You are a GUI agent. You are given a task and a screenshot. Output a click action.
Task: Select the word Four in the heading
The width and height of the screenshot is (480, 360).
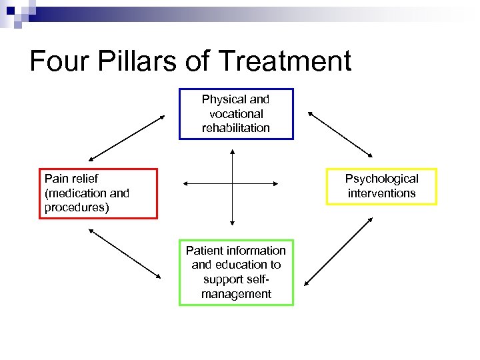[58, 61]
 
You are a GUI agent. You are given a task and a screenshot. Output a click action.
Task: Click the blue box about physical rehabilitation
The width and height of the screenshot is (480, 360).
[236, 113]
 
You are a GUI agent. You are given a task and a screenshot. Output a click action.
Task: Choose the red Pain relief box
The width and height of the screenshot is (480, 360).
[98, 193]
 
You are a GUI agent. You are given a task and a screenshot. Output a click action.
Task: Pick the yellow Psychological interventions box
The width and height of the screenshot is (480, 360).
[381, 186]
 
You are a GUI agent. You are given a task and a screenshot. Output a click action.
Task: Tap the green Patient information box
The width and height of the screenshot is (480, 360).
[236, 272]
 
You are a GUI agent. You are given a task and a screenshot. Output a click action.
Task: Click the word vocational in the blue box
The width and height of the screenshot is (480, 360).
[236, 113]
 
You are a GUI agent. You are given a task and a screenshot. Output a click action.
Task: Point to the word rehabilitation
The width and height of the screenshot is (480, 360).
[236, 127]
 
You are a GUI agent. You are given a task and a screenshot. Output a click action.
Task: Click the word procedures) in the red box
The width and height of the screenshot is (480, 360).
[77, 207]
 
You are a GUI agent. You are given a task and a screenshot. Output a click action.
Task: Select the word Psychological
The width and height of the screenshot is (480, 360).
[381, 179]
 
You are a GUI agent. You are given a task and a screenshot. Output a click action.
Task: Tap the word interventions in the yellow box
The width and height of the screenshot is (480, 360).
[381, 193]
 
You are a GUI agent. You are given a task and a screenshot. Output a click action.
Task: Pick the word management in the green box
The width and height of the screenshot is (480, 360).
[236, 293]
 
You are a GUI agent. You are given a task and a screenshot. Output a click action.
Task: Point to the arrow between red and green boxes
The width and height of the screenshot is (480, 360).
[125, 253]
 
